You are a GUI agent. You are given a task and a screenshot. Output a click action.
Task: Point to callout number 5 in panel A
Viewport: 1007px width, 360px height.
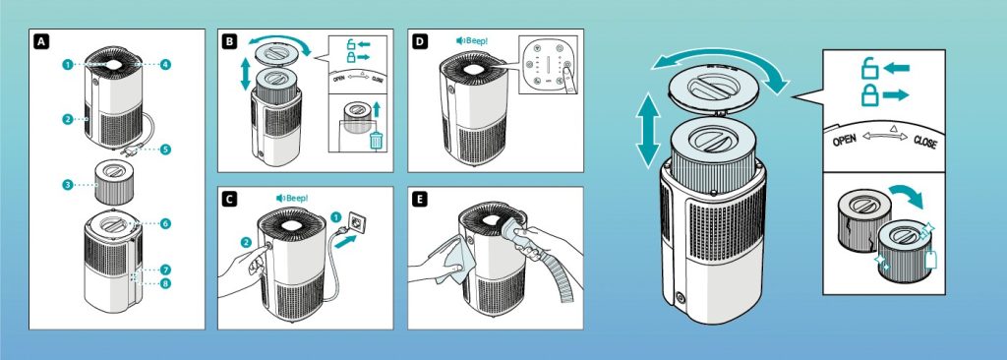pyautogui.click(x=165, y=150)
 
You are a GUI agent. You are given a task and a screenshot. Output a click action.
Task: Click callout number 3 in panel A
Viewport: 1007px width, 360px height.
pyautogui.click(x=67, y=184)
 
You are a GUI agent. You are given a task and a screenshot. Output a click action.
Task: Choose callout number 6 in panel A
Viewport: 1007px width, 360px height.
pyautogui.click(x=165, y=225)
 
